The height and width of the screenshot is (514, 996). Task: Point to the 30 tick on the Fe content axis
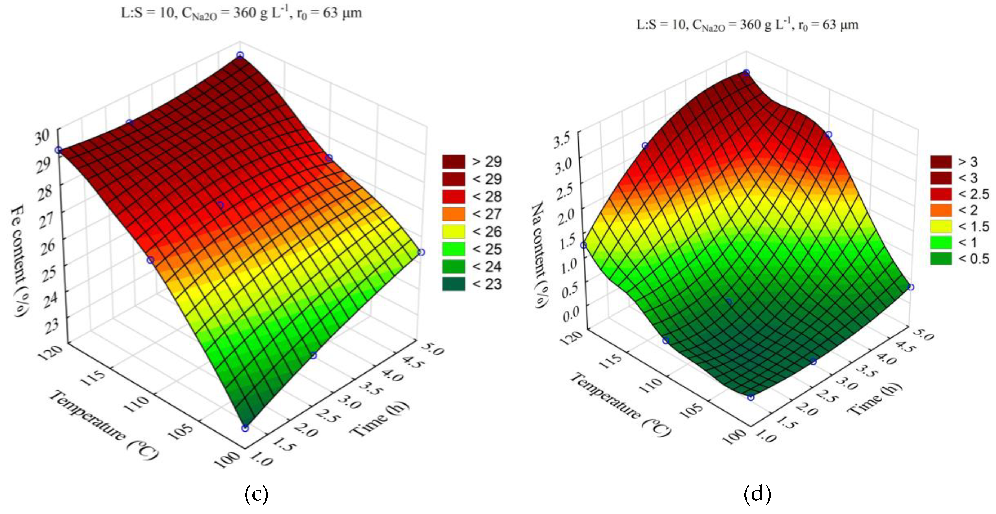(42, 136)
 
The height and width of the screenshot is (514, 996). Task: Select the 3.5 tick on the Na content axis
(562, 140)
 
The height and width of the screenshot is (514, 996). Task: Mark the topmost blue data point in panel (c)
(240, 55)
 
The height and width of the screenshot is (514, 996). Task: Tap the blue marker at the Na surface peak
(746, 73)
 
